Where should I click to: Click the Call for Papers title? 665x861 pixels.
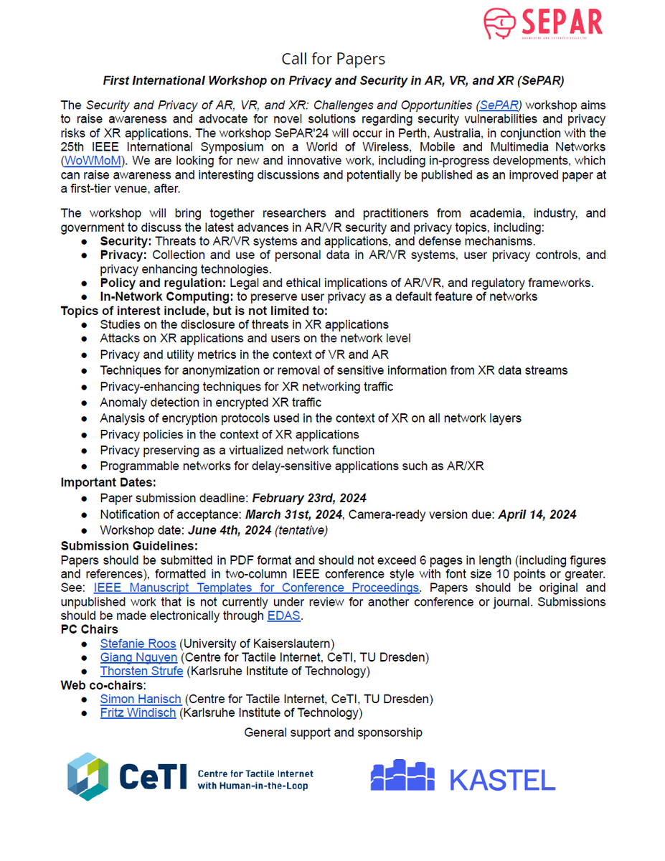pyautogui.click(x=333, y=59)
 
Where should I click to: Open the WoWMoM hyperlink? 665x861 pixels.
pyautogui.click(x=92, y=161)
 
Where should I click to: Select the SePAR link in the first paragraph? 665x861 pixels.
pyautogui.click(x=501, y=105)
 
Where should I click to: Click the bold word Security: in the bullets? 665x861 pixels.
pyautogui.click(x=126, y=241)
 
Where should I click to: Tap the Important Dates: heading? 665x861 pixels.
pyautogui.click(x=108, y=481)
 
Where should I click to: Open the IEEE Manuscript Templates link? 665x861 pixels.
pyautogui.click(x=256, y=588)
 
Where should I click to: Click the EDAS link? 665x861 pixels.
pyautogui.click(x=283, y=616)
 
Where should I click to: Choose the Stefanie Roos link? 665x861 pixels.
pyautogui.click(x=138, y=644)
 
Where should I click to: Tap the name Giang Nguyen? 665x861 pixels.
pyautogui.click(x=138, y=657)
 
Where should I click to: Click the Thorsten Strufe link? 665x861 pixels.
pyautogui.click(x=141, y=671)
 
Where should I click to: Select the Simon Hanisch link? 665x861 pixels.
pyautogui.click(x=141, y=699)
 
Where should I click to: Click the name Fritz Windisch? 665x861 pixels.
pyautogui.click(x=138, y=712)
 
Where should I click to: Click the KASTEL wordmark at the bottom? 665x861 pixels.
pyautogui.click(x=502, y=779)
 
